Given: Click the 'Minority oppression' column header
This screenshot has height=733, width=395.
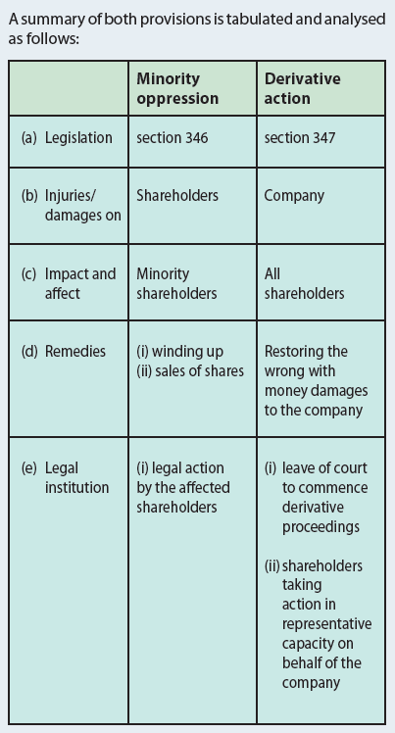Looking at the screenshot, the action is coord(177,88).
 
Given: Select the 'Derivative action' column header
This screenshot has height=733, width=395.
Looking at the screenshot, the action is coord(303,88).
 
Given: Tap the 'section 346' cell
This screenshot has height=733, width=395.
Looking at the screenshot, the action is coord(173,138).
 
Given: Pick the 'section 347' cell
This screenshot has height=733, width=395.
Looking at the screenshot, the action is coord(300,138).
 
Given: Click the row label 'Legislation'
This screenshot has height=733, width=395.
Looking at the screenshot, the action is coord(78,138).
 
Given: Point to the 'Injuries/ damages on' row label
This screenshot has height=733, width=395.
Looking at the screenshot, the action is coord(82,205).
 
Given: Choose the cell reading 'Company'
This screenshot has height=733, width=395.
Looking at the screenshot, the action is coord(294,196).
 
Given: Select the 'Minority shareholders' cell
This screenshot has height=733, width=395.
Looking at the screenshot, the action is coord(176,283).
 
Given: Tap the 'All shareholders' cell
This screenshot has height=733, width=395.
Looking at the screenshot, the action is coord(304,283).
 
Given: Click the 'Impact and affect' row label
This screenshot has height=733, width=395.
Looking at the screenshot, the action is coord(80,283).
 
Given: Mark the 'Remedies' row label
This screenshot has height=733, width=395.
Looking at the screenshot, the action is coord(75,351).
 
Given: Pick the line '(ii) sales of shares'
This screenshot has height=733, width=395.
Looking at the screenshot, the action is coord(190,370).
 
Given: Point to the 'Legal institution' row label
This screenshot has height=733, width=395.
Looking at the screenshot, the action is coord(76,478).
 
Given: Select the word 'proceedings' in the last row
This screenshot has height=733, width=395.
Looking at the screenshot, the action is coord(321,527).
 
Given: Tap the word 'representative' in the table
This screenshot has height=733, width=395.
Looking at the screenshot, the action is coord(326,624).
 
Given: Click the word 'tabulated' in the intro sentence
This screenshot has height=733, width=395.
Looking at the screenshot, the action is coord(248,20).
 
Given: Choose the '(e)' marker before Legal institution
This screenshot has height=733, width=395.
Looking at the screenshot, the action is coord(29,468).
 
